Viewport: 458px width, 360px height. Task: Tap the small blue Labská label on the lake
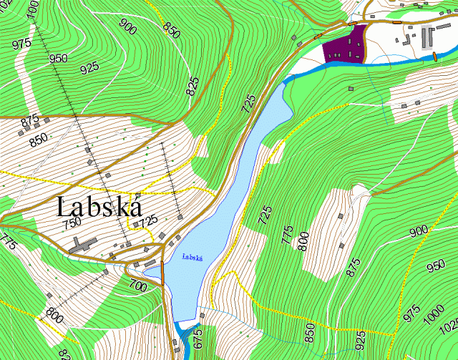(x=193, y=256)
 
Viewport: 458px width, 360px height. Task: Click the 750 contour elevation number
(x=72, y=224)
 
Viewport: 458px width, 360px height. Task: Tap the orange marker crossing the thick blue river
(x=434, y=56)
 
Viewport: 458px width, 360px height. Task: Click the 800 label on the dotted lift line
(x=54, y=313)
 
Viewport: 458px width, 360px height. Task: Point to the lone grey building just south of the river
(x=351, y=89)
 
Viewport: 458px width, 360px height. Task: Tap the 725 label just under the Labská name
(x=148, y=222)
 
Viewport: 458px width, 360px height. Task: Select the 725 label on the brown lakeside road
(x=249, y=104)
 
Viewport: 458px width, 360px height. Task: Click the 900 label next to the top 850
(x=128, y=29)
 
